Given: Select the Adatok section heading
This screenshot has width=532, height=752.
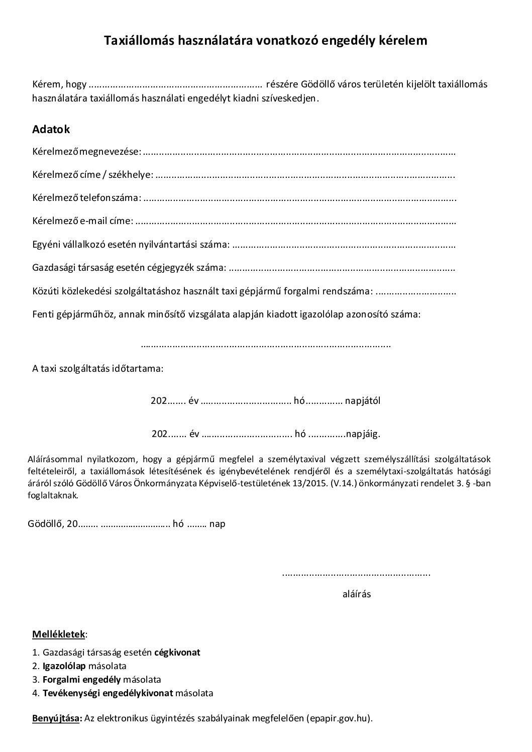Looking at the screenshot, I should coord(51,129).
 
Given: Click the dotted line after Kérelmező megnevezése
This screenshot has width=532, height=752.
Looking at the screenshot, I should coord(299,151).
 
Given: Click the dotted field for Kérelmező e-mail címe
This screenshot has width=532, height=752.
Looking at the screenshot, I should coord(296,221).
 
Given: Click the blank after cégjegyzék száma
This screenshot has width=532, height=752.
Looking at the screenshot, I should coord(342,268).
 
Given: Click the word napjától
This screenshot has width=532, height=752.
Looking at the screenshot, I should coord(363,401).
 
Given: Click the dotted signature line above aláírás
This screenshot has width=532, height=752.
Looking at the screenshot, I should coord(356,573).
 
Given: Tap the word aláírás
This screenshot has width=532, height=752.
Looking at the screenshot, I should coord(357,594).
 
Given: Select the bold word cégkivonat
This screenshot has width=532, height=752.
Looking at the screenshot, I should coord(177,652).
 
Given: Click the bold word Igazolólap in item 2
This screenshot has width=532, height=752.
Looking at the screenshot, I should coord(64,666).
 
